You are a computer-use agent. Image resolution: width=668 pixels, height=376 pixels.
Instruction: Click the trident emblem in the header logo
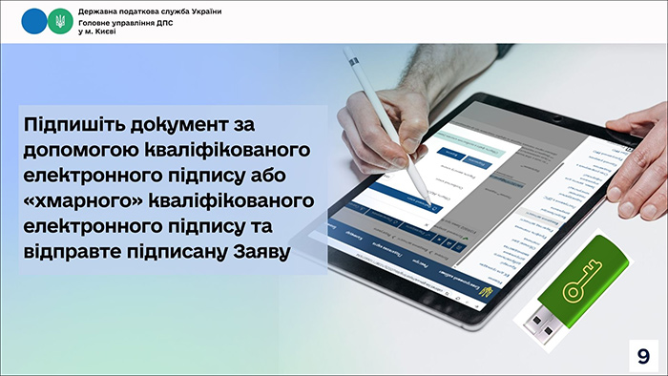click(x=60, y=21)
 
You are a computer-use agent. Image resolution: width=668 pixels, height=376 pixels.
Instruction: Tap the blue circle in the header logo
click(x=34, y=21)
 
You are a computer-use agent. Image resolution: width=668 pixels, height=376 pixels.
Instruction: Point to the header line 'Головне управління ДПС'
click(x=125, y=21)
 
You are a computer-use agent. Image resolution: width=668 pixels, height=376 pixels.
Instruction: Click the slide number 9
click(x=643, y=355)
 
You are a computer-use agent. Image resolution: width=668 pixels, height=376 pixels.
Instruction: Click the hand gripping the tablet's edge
click(x=639, y=153)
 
